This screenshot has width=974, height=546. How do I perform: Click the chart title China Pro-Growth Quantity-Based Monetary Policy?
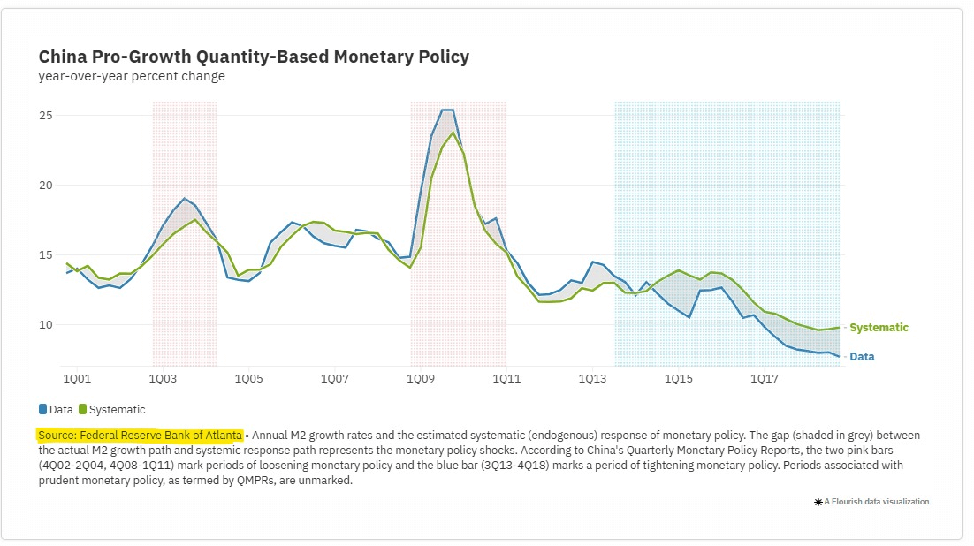click(x=254, y=57)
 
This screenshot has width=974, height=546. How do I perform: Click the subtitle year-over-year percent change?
click(x=132, y=77)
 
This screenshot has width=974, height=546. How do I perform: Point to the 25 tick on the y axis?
click(x=46, y=116)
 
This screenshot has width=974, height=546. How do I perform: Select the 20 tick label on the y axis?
click(x=46, y=186)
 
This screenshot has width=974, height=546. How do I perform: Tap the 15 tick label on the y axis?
click(x=46, y=255)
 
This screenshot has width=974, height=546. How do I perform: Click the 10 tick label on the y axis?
click(x=46, y=325)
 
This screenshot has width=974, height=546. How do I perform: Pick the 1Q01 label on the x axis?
click(x=76, y=379)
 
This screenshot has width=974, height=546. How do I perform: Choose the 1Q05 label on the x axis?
click(x=248, y=379)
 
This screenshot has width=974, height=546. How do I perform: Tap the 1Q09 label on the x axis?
click(x=420, y=379)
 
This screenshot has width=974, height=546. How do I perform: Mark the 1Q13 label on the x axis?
click(x=592, y=379)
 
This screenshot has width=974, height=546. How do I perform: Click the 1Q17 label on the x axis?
click(x=764, y=379)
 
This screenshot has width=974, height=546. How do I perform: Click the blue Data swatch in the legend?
click(x=42, y=410)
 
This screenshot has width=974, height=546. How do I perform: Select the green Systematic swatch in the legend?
click(x=83, y=410)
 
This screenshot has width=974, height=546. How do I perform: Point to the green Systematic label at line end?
click(x=879, y=328)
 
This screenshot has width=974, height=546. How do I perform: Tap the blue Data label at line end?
click(x=862, y=357)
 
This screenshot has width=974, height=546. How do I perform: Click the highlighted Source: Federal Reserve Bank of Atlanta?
click(x=140, y=436)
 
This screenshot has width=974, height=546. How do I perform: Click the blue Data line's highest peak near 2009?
click(x=447, y=110)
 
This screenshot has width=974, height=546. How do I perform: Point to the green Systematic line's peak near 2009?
click(x=453, y=133)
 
